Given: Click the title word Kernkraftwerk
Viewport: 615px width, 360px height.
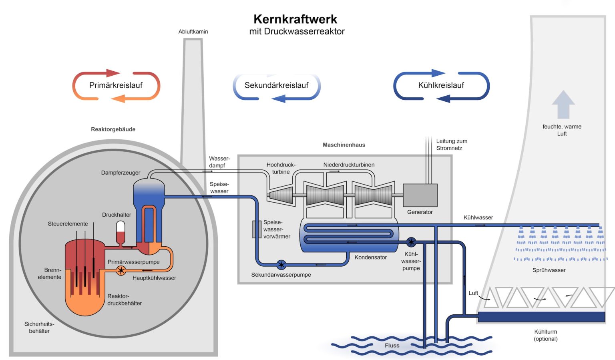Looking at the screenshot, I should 295,19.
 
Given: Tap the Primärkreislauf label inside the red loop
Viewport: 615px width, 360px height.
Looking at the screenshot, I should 116,85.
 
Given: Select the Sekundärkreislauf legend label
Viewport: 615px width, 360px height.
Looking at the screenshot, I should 276,85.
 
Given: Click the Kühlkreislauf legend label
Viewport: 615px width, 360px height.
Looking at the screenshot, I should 441,85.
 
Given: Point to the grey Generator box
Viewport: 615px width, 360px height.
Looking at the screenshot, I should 420,195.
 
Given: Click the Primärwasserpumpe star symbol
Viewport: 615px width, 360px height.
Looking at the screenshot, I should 121,271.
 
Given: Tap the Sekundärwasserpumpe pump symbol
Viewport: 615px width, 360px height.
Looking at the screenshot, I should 281,265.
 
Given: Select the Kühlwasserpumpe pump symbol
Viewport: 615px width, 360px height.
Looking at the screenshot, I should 411,242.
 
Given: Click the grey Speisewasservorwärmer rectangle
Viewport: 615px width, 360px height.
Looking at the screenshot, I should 257,229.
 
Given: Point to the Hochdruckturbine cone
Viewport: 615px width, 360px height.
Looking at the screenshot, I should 281,196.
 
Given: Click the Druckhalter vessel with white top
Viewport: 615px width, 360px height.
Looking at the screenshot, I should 120,231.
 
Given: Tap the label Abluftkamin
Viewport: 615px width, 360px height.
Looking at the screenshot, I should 193,32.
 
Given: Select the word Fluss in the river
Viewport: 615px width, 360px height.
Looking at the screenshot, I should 392,346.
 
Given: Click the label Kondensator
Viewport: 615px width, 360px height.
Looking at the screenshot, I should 370,257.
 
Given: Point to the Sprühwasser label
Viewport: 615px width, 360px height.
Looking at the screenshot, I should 549,270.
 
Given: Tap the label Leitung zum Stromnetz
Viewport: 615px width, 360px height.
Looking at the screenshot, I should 451,145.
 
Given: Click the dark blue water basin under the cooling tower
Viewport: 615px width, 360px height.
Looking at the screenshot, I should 541,317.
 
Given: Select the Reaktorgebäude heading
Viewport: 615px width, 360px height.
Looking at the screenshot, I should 113,129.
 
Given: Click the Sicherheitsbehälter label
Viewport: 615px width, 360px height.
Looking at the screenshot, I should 39,328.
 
